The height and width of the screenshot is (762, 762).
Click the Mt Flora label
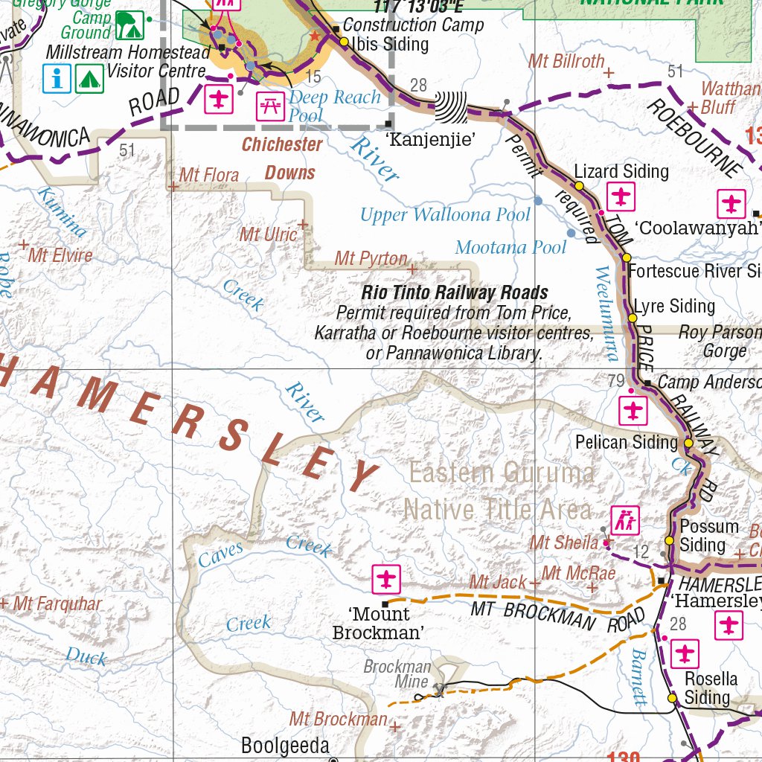[x=209, y=176]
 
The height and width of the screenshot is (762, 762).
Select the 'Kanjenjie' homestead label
[x=429, y=138]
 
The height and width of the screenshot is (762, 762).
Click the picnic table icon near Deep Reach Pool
[x=269, y=106]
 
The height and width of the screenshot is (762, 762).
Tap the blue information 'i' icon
[x=57, y=78]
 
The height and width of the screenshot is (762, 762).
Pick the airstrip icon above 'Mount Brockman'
[x=386, y=578]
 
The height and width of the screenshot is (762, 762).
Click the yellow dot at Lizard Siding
[x=578, y=185]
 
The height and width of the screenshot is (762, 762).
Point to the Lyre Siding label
[x=674, y=306]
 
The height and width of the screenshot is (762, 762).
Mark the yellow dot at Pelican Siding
[x=689, y=443]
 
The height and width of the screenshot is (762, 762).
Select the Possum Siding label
[x=708, y=536]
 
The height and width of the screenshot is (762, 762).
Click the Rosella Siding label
[x=711, y=688]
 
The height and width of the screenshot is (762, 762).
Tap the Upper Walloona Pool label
[x=445, y=215]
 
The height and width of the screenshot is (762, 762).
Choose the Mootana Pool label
[x=510, y=247]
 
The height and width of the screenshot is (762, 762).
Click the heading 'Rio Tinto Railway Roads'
[x=455, y=292]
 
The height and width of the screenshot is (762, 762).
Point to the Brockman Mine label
[x=397, y=674]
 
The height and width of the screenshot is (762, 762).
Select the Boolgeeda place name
[x=285, y=746]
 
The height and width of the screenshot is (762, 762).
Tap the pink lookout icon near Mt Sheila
[x=624, y=519]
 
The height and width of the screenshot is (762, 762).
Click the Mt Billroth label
[x=566, y=61]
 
